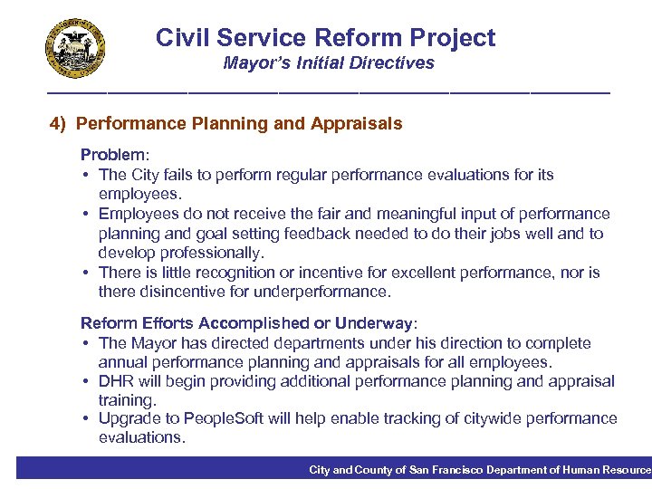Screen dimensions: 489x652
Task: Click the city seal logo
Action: (75, 49)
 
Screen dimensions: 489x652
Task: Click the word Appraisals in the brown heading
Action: (364, 123)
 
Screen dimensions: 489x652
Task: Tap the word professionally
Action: (207, 253)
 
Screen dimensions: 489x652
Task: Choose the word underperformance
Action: (323, 292)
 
